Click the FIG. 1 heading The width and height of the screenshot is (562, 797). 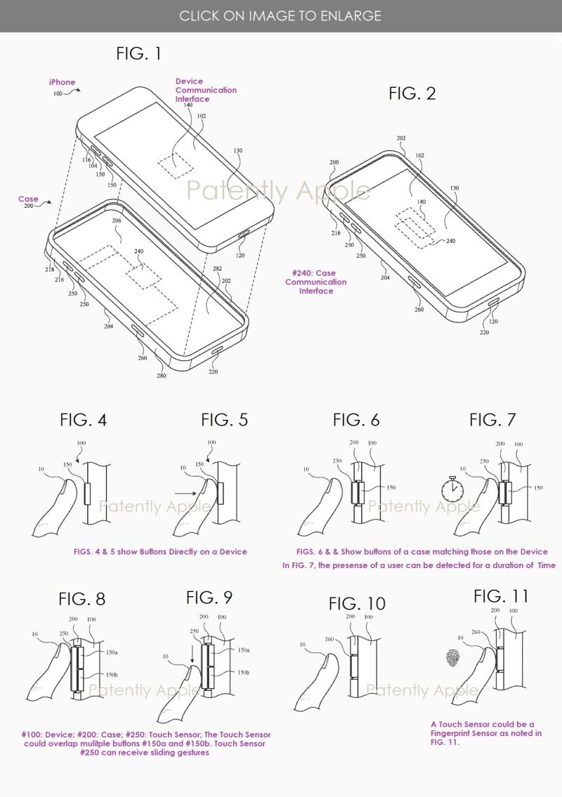click(x=138, y=53)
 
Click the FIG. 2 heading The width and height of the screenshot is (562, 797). click(x=412, y=93)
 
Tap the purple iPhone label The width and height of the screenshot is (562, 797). click(x=62, y=82)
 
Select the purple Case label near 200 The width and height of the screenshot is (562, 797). click(x=28, y=199)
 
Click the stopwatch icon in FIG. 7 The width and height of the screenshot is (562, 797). click(x=452, y=489)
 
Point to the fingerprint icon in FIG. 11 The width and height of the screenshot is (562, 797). click(x=453, y=658)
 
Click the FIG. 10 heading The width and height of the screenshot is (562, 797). click(x=357, y=604)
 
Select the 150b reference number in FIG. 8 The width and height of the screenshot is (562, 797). click(x=112, y=675)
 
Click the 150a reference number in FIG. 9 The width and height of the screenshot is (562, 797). click(x=244, y=650)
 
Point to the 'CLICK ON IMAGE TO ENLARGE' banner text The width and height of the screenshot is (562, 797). click(x=280, y=15)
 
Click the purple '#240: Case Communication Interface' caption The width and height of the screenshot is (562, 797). click(x=316, y=282)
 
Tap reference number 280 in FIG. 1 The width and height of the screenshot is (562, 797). click(x=161, y=376)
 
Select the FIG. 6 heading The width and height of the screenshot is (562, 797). click(x=356, y=420)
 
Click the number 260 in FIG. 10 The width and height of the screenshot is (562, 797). click(x=329, y=639)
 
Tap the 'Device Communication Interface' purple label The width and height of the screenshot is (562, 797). click(x=206, y=90)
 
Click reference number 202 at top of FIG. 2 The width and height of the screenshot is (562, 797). click(x=401, y=138)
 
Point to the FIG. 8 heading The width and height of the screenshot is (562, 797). click(x=82, y=599)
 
